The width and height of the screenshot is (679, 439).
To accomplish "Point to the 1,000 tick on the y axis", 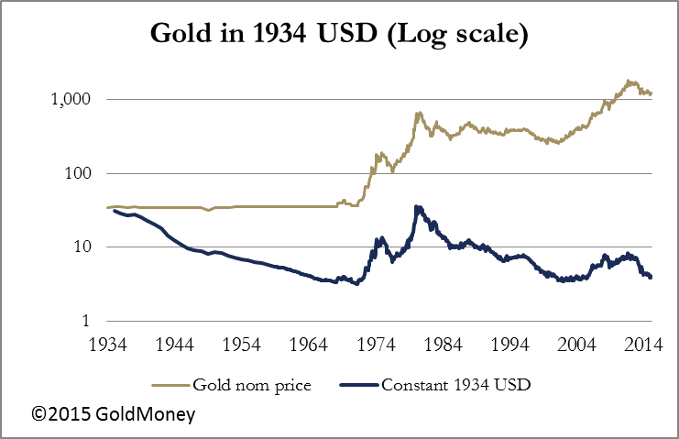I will click(77, 100).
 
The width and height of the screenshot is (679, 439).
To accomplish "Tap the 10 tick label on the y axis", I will click(89, 247).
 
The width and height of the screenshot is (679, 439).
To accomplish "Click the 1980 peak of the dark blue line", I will click(417, 207).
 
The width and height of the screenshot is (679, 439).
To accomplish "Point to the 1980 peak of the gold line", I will click(418, 113).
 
